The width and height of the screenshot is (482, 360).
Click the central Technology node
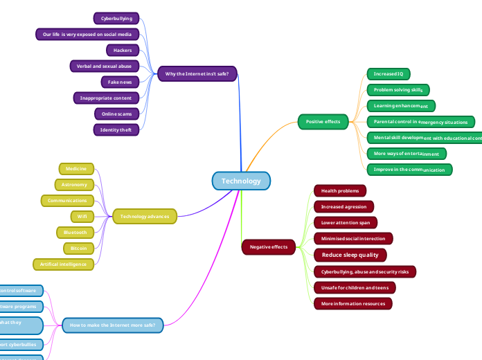point(241,181)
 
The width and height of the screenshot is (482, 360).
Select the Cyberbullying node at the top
point(116,18)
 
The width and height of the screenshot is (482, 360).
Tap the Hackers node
point(123,50)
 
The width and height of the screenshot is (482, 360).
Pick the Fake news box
point(120,82)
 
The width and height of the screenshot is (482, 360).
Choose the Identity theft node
point(116,129)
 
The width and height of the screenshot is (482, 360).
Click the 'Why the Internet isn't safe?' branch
point(197,73)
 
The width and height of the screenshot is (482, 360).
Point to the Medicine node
point(76,168)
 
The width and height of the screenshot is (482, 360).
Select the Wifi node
point(82,216)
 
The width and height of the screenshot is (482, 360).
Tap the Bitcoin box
point(78,248)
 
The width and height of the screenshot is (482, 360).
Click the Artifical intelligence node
point(63,264)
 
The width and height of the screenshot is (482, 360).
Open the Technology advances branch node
point(144,217)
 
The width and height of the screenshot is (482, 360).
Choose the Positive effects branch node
point(323,122)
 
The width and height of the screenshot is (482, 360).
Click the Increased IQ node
point(388,73)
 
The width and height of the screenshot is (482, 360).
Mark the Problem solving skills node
point(398,89)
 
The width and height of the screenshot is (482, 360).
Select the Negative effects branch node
point(269,246)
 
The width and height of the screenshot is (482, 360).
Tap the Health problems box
point(340,190)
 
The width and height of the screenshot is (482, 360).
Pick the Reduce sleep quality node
point(350,255)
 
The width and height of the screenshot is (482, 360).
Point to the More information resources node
point(352,303)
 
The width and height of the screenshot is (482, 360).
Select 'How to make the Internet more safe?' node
point(113,324)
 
